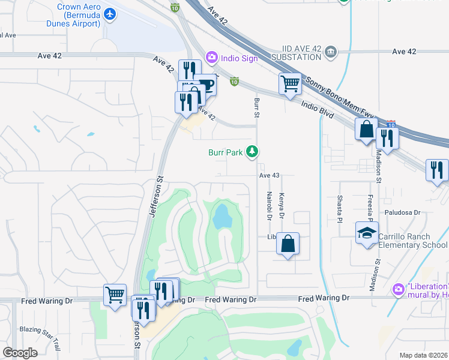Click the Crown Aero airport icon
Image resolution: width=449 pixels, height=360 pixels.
(109, 13)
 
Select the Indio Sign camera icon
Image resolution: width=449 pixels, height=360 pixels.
(211, 58)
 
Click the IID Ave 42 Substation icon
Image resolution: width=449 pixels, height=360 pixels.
(330, 53)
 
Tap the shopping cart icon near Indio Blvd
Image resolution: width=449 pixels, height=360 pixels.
(290, 83)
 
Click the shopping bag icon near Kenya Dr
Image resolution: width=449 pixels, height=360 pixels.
(288, 244)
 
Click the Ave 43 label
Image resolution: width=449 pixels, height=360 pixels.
(270, 175)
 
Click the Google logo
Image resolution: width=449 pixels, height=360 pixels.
(20, 353)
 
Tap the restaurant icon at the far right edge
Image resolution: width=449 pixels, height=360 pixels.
(437, 170)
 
